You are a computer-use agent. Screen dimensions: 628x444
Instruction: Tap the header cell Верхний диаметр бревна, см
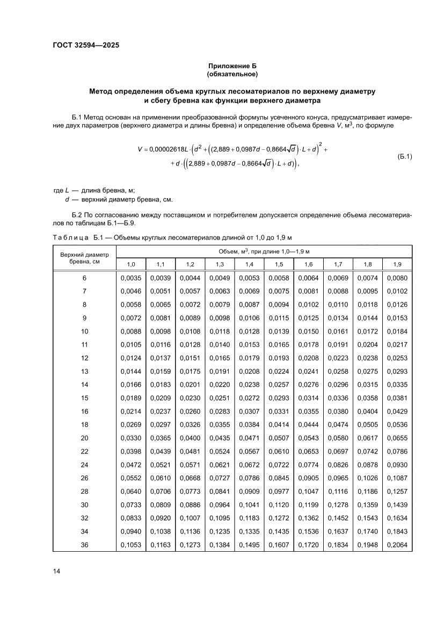tap(84, 258)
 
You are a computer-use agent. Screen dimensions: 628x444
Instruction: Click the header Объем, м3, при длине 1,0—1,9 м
tap(264, 251)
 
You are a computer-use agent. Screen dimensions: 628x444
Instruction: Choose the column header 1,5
tap(279, 264)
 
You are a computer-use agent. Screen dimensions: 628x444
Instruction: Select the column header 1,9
tap(397, 264)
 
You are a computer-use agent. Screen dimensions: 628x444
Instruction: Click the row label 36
tap(84, 545)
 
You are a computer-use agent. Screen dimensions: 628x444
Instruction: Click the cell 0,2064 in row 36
tap(397, 545)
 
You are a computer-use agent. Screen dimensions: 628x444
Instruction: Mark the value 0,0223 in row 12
tap(338, 358)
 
